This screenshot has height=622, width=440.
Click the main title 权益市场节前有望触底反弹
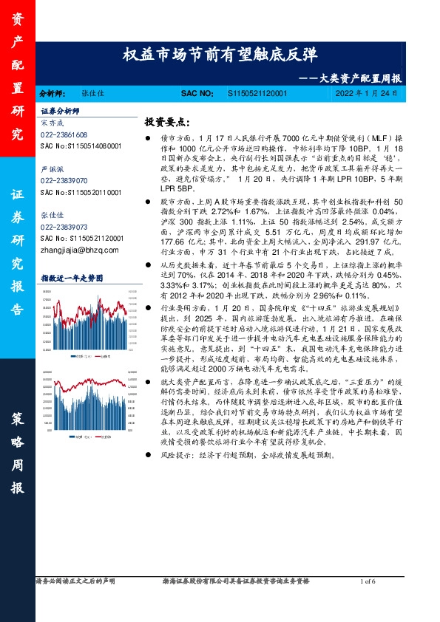tap(220, 55)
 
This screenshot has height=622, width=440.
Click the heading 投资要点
tap(169, 121)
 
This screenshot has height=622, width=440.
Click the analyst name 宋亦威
tap(53, 123)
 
